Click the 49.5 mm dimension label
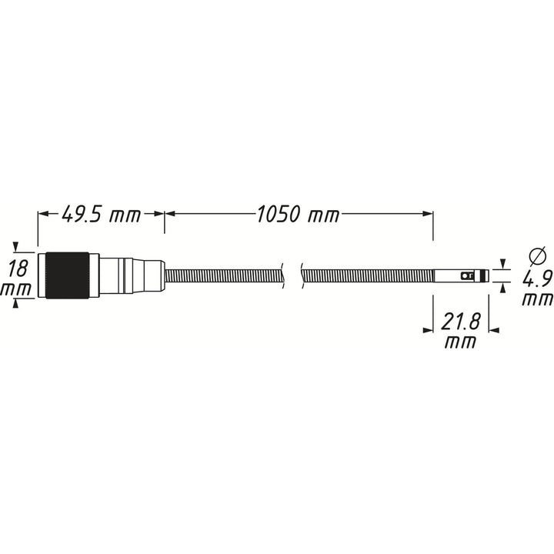click(102, 215)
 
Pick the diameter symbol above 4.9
click(538, 255)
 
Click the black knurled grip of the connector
click(67, 275)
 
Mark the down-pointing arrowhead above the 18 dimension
click(16, 247)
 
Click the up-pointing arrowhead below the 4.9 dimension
click(503, 287)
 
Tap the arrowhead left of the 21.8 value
click(429, 329)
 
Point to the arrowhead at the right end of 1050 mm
click(428, 215)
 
